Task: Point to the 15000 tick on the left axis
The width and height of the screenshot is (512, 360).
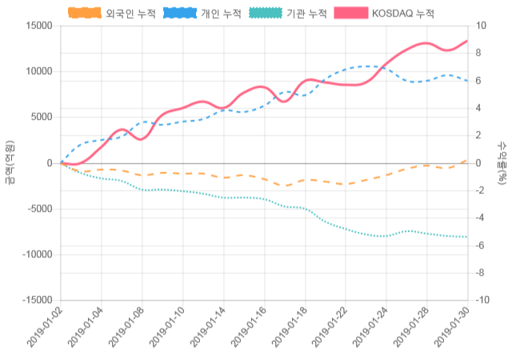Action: pyautogui.click(x=37, y=26)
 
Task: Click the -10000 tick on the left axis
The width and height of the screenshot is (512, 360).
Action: pyautogui.click(x=34, y=254)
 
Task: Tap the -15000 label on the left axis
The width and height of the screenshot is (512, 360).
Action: pyautogui.click(x=34, y=300)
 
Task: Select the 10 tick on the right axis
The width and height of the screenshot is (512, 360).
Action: pyautogui.click(x=482, y=26)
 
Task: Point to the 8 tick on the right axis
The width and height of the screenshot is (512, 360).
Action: pyautogui.click(x=479, y=53)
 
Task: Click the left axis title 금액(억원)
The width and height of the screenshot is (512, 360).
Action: pyautogui.click(x=9, y=162)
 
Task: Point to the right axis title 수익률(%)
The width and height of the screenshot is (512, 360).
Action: pyautogui.click(x=502, y=162)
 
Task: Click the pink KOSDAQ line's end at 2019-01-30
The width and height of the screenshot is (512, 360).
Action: pyautogui.click(x=467, y=41)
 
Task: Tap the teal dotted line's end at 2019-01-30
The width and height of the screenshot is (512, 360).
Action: pyautogui.click(x=467, y=237)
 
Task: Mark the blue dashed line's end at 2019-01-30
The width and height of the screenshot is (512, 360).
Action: pyautogui.click(x=467, y=81)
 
